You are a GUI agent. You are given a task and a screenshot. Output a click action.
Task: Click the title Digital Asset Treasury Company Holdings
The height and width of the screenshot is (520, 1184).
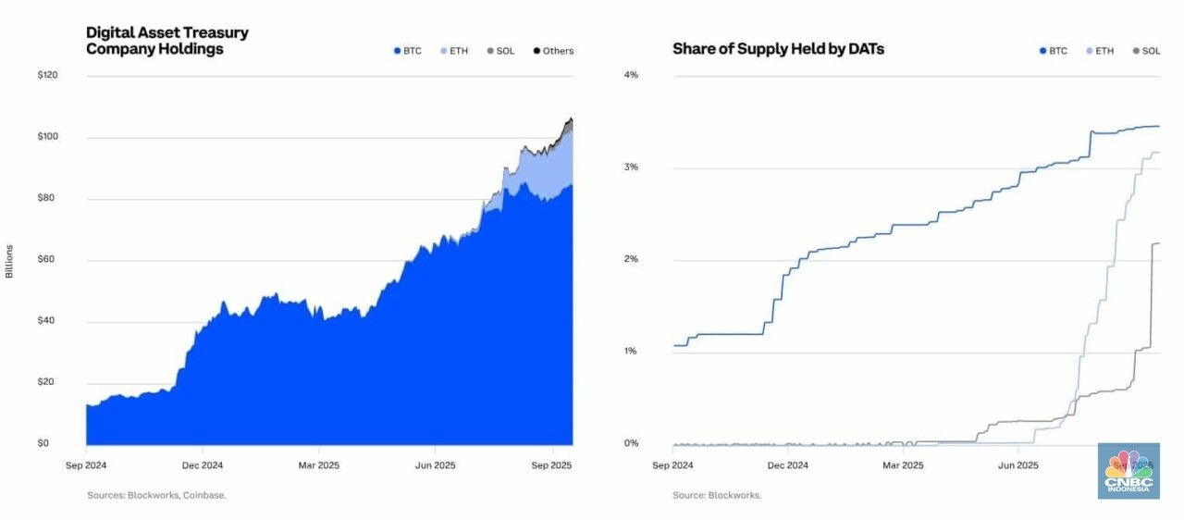[167, 41]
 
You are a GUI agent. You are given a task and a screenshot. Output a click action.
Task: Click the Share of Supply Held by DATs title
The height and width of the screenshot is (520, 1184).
[778, 49]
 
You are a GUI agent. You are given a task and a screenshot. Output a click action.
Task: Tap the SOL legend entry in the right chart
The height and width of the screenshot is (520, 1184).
[1146, 51]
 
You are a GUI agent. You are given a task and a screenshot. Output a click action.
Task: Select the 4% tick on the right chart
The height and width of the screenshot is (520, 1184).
[632, 75]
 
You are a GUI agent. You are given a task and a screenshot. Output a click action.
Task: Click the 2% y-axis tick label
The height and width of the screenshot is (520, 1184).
[632, 259]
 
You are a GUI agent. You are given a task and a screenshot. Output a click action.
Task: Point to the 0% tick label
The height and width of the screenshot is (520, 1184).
[632, 443]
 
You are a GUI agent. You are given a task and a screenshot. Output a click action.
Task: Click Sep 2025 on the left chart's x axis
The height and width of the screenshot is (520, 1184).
[551, 465]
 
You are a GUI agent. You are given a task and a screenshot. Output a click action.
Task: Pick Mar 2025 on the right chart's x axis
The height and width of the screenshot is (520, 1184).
[902, 465]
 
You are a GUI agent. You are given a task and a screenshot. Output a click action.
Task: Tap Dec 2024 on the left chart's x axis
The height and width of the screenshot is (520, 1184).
[202, 465]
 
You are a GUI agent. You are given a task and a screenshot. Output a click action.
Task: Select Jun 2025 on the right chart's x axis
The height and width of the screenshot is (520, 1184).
[1017, 465]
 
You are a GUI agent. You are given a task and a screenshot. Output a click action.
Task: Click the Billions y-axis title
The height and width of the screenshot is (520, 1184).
[9, 261]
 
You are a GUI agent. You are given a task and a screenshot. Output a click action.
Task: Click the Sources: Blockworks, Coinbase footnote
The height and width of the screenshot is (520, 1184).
[156, 495]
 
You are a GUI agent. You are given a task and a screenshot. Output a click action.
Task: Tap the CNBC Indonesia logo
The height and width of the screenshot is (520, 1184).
[1128, 471]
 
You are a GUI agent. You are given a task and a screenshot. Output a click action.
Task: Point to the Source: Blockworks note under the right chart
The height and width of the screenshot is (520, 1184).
[717, 495]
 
